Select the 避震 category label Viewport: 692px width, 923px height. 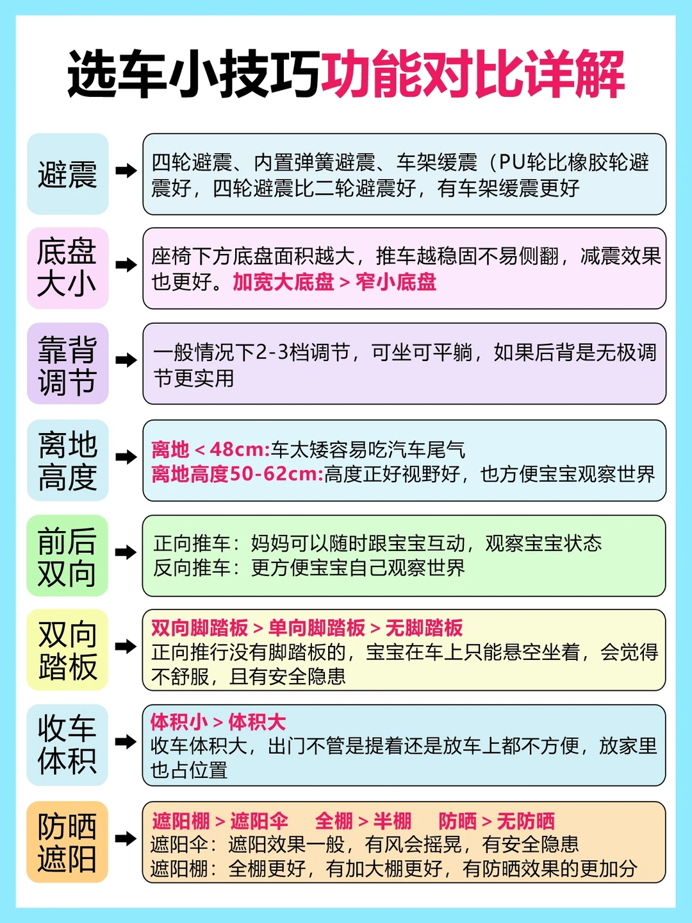click(67, 174)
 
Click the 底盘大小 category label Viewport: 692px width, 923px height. click(67, 268)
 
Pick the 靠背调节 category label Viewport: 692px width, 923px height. click(67, 364)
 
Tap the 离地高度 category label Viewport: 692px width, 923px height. click(67, 461)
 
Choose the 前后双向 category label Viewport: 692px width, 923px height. click(67, 556)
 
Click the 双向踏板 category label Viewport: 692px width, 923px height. click(67, 650)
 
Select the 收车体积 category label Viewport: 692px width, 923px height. click(67, 745)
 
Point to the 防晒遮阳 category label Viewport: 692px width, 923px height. click(67, 842)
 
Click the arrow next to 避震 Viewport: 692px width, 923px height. click(126, 171)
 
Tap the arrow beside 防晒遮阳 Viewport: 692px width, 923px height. click(126, 838)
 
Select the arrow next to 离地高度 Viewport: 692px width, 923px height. click(126, 457)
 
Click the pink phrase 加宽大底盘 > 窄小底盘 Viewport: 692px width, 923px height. click(334, 282)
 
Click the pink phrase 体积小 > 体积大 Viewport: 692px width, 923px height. click(218, 722)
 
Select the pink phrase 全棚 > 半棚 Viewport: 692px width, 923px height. click(363, 820)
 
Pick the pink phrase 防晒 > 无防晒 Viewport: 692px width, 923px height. click(496, 820)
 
